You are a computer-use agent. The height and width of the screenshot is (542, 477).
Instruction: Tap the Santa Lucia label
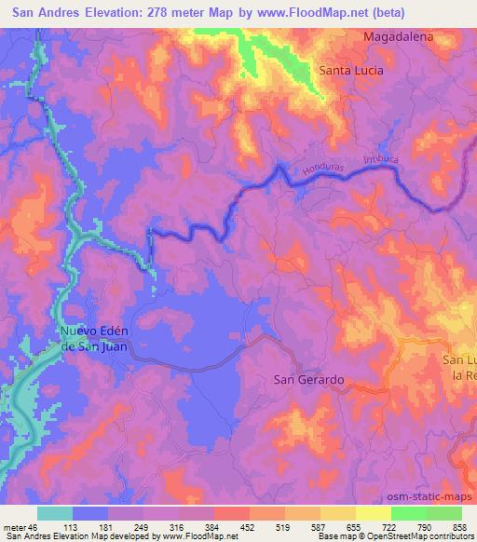click(x=351, y=70)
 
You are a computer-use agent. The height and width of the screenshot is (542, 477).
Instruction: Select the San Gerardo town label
click(x=308, y=380)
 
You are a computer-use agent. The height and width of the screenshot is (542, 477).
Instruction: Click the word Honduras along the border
click(x=322, y=167)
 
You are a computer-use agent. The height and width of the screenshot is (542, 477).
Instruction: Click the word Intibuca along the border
click(x=381, y=161)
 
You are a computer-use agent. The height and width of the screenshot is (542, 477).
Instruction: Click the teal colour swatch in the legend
click(x=55, y=512)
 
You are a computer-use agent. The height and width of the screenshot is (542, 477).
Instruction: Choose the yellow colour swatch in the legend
click(x=373, y=512)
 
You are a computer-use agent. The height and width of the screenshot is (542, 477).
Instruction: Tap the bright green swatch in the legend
click(x=408, y=512)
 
